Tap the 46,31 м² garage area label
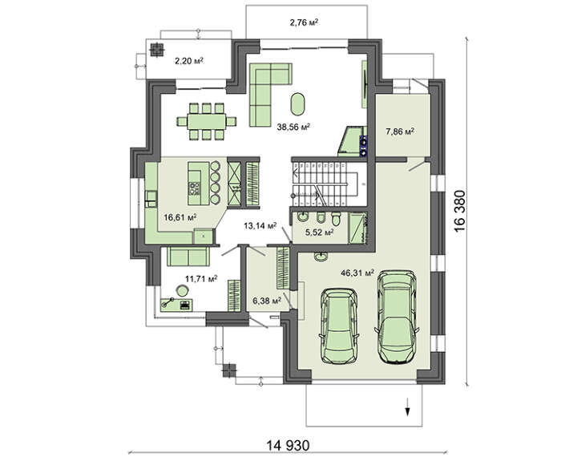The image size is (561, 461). (x=357, y=273)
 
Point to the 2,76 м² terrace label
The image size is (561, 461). (x=304, y=23)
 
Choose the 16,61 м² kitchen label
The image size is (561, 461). (x=180, y=216)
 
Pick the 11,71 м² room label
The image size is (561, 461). (x=201, y=280)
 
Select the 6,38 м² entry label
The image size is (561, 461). (x=265, y=301)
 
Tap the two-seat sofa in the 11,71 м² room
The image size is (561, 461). (x=188, y=256)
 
